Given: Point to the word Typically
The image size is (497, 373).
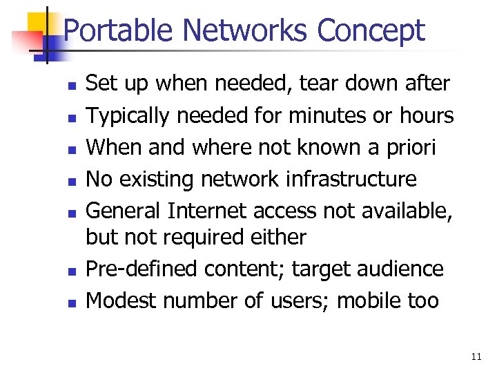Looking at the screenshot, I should point(128,116).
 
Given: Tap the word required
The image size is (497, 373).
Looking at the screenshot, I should point(204,237).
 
